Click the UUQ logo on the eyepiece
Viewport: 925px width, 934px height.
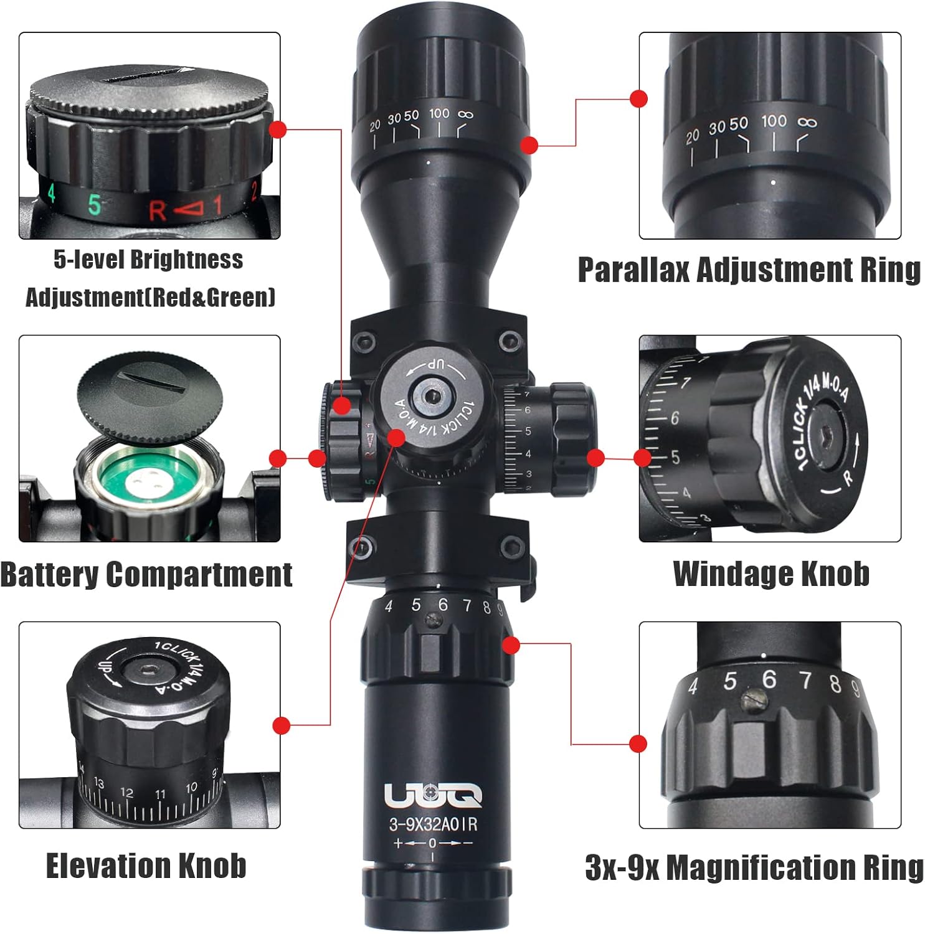coord(432,795)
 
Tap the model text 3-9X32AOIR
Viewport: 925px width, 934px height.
coord(433,824)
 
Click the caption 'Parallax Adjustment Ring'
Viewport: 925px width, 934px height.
coord(749,270)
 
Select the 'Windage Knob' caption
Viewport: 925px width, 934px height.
coord(771,573)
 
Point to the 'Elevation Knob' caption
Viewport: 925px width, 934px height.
coord(146,866)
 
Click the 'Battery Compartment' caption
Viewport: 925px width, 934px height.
coord(146,574)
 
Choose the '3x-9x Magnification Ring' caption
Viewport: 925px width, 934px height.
coord(754,867)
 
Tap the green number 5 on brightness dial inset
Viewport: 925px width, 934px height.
coord(94,204)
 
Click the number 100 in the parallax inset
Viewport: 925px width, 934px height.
coord(774,121)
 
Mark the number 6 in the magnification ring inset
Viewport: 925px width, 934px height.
coord(769,679)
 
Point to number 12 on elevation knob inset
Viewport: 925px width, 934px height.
coord(126,793)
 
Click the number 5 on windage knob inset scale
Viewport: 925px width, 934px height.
coord(675,458)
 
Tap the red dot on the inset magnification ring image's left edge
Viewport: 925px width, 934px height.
coord(638,743)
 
